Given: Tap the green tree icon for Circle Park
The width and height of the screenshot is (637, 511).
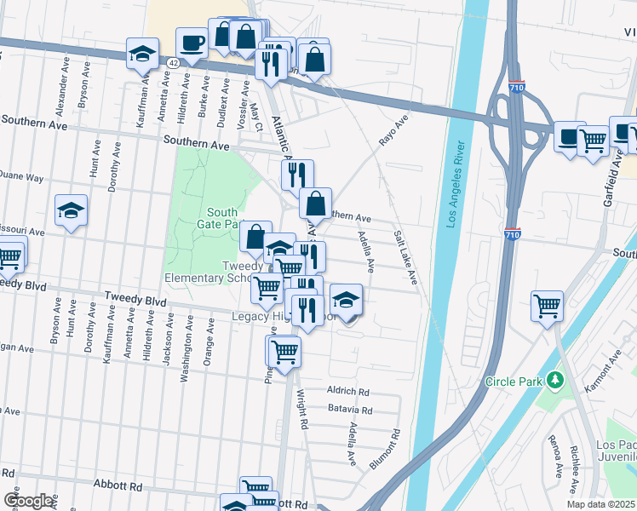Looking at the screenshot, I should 556,378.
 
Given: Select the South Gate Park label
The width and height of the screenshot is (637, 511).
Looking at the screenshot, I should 221,219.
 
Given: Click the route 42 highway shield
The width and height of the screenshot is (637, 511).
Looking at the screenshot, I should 173,63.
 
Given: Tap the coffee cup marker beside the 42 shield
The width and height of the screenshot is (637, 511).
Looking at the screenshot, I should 192,42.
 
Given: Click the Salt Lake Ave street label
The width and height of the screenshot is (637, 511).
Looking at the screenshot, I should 406,258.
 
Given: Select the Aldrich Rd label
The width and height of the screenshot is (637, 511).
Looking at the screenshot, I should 348,391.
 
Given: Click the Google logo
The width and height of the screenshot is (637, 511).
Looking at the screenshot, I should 28,500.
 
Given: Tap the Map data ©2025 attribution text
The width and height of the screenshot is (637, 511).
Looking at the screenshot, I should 601,504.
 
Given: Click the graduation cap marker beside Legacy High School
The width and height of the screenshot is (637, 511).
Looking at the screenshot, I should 346,300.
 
